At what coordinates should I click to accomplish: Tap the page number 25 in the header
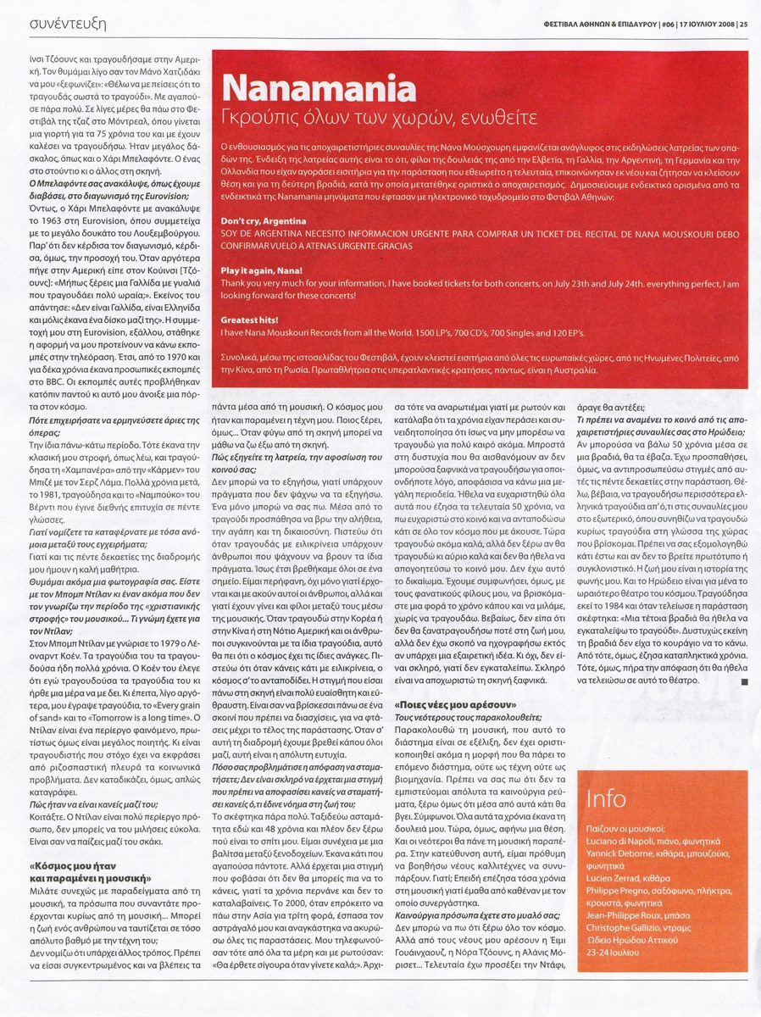pos(743,23)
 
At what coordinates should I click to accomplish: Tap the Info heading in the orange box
pos(606,798)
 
